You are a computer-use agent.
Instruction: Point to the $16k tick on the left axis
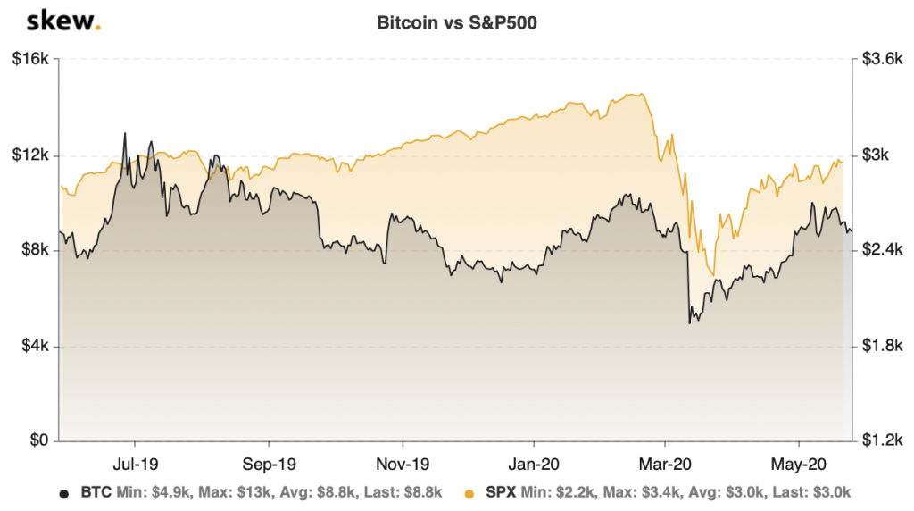(x=33, y=60)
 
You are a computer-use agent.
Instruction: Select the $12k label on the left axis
(x=33, y=155)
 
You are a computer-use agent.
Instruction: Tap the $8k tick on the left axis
(x=37, y=251)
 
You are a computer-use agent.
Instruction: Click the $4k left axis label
(x=37, y=347)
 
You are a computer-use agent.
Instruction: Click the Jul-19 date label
(x=135, y=465)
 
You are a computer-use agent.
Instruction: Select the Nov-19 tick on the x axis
(x=403, y=465)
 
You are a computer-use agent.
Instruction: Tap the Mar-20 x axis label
(x=665, y=465)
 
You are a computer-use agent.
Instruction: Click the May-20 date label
(x=797, y=465)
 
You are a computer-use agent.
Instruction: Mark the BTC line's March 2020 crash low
(x=689, y=323)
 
